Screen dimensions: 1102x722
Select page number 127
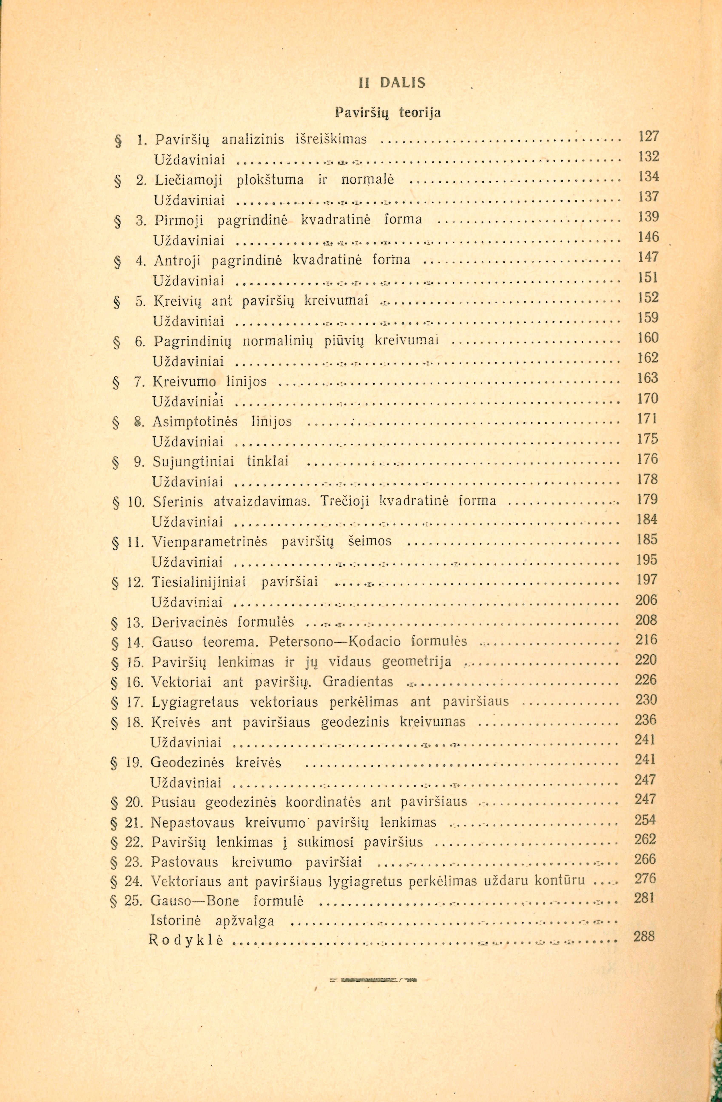pos(648,137)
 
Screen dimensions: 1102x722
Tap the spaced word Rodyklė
pos(186,940)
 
